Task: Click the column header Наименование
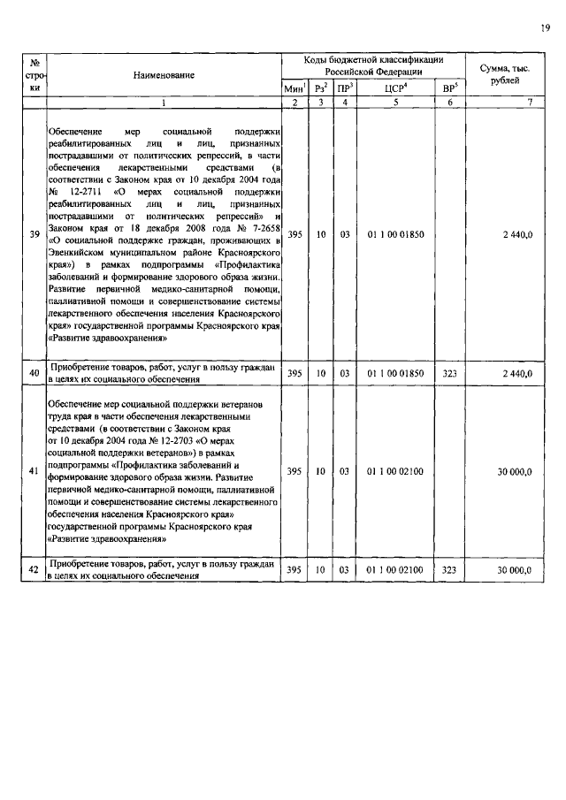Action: (x=164, y=77)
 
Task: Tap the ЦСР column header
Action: (x=395, y=88)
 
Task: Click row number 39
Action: (x=34, y=235)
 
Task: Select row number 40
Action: (x=34, y=374)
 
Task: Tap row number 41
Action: (x=34, y=472)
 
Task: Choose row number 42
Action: (x=34, y=571)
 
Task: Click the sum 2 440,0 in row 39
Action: (x=514, y=235)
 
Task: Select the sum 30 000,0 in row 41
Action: (x=512, y=472)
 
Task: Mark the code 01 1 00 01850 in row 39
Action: (x=395, y=235)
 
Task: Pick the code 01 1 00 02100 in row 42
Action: (x=395, y=571)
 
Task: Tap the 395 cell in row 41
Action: (x=294, y=472)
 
